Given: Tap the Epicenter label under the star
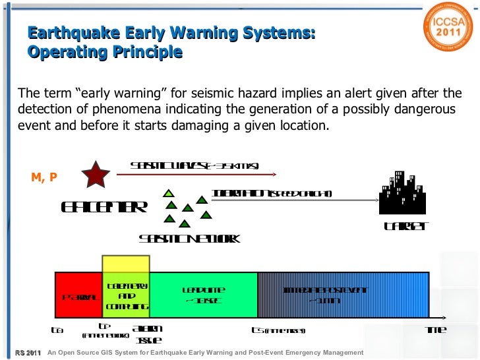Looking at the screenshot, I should click(x=104, y=207).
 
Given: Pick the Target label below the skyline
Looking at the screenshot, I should click(x=406, y=227).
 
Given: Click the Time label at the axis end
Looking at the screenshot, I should click(x=436, y=330).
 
